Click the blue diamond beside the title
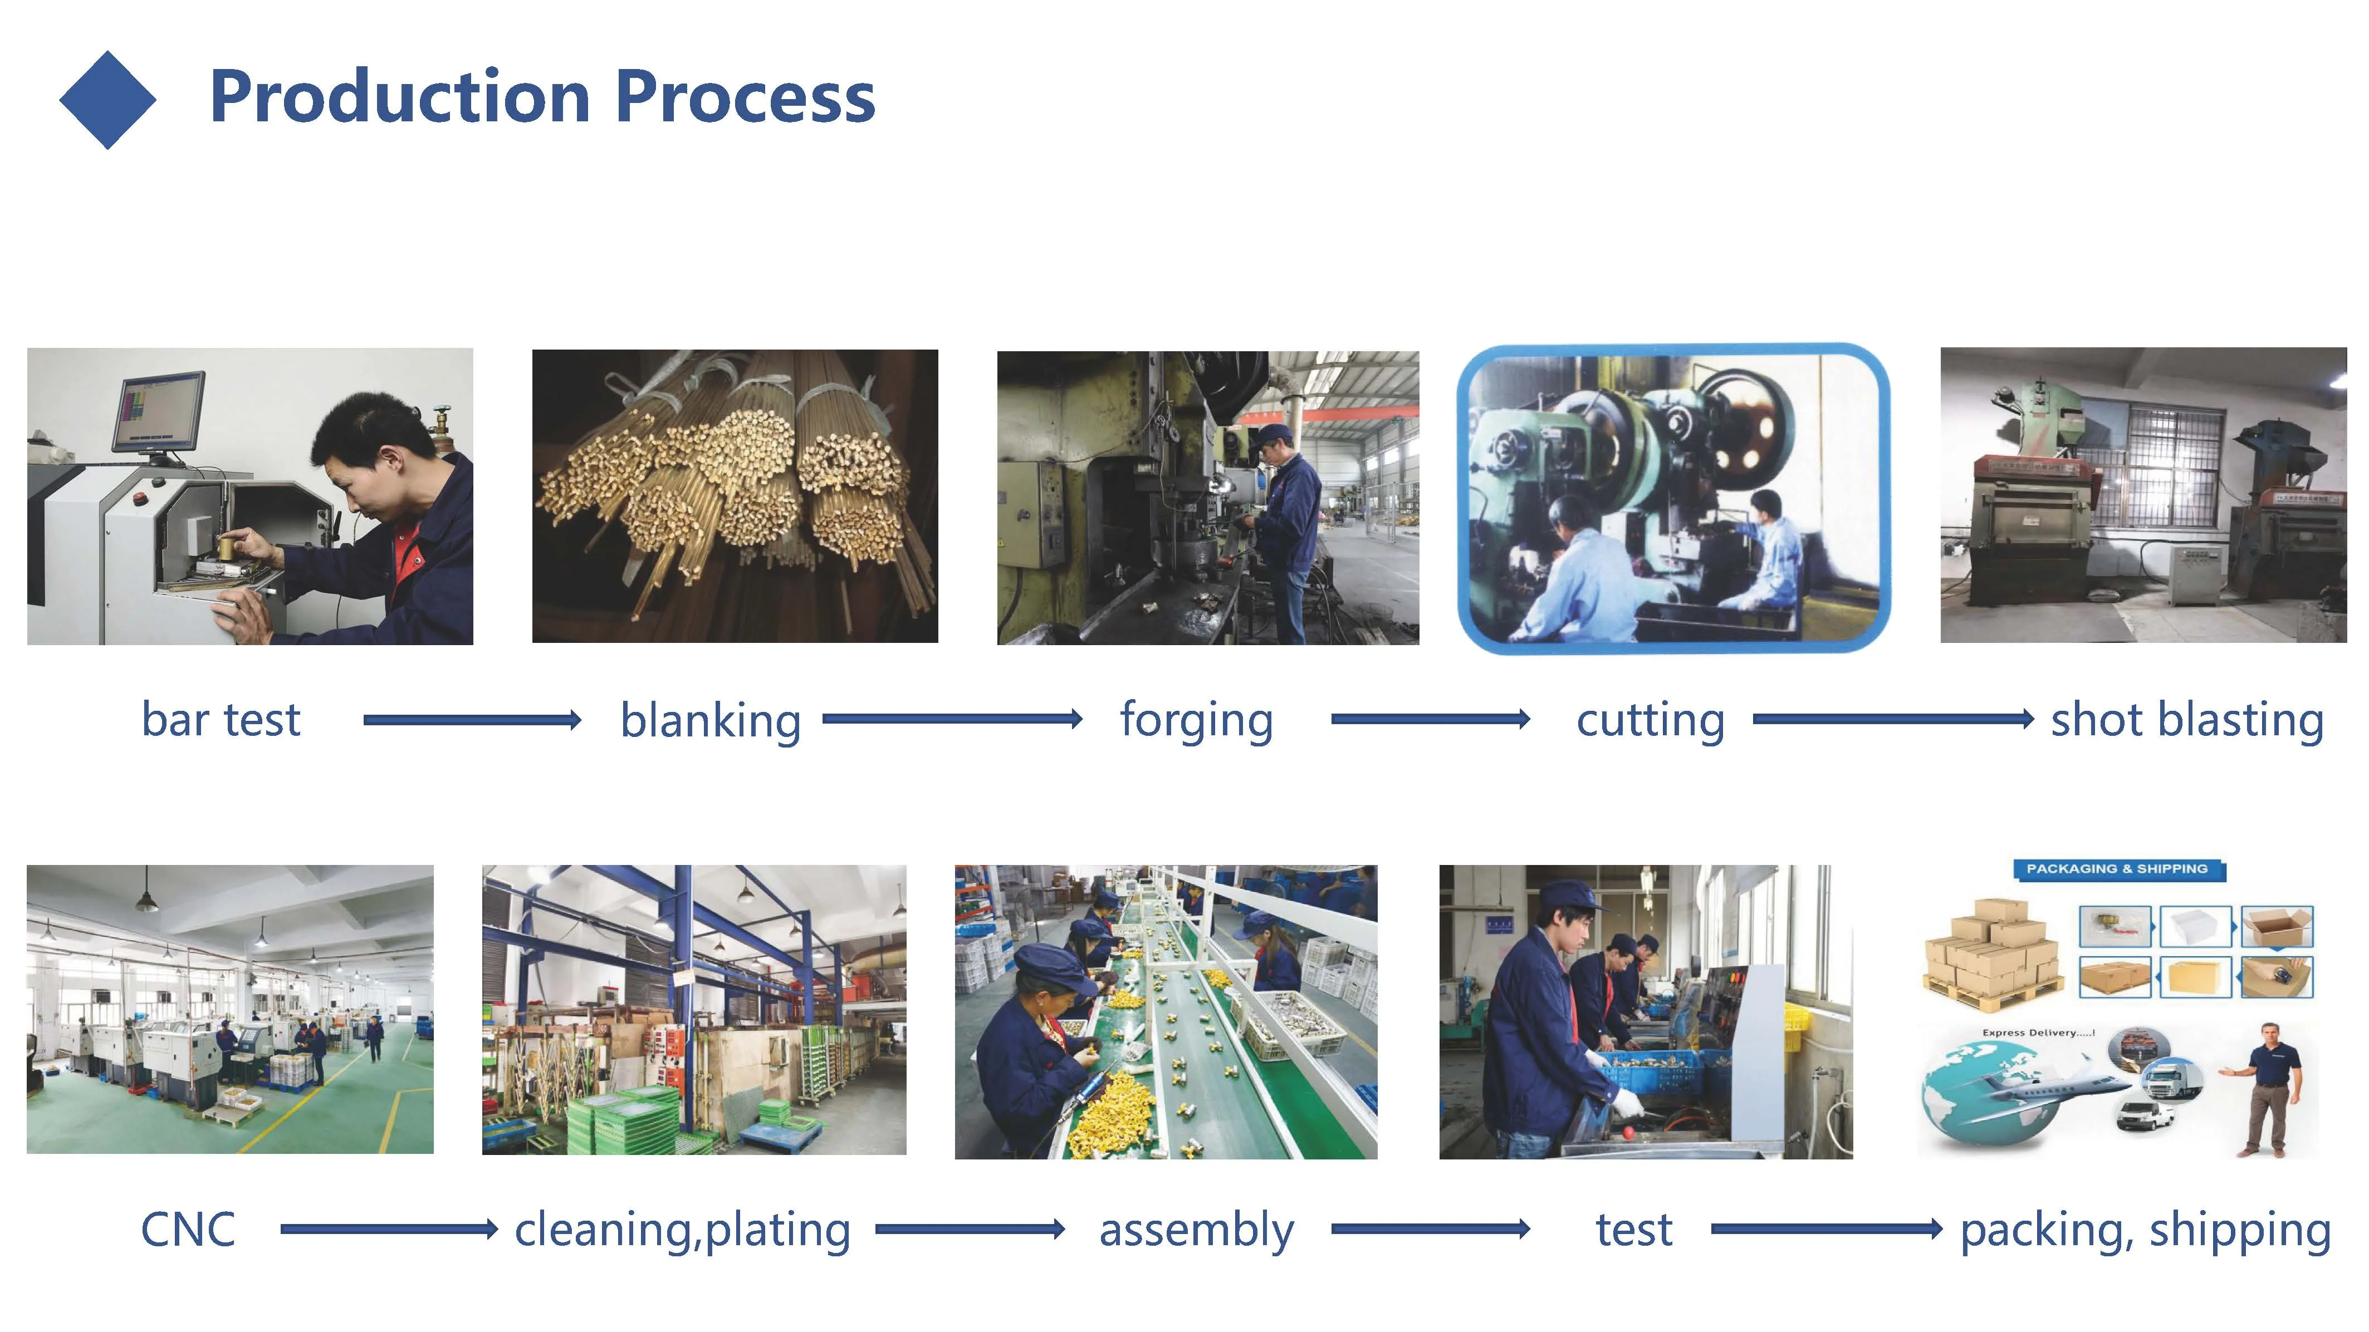pos(107,99)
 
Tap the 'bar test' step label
pos(221,720)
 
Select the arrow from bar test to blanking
pos(472,720)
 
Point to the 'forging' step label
pos(1196,720)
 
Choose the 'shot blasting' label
pos(2187,720)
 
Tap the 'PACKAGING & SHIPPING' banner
pos(2117,869)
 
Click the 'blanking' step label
pos(710,720)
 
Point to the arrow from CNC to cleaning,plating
pos(388,1229)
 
